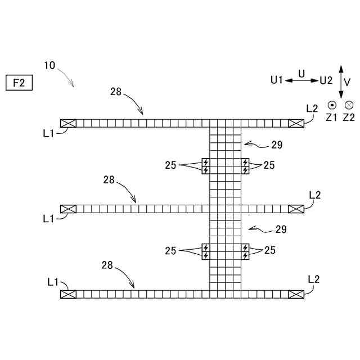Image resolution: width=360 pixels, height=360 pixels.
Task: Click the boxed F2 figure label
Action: pyautogui.click(x=20, y=83)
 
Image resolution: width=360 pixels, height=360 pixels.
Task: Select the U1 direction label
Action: pyautogui.click(x=276, y=80)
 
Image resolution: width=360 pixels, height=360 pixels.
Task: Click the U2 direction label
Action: pyautogui.click(x=326, y=80)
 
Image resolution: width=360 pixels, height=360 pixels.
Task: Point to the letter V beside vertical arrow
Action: pyautogui.click(x=347, y=82)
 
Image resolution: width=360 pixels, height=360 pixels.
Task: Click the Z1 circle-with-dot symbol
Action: pyautogui.click(x=332, y=105)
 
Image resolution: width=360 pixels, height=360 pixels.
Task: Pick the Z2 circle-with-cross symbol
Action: pyautogui.click(x=349, y=105)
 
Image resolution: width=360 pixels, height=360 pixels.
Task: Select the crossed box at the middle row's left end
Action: pyautogui.click(x=67, y=209)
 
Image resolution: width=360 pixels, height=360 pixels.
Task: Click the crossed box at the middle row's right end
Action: pyautogui.click(x=296, y=209)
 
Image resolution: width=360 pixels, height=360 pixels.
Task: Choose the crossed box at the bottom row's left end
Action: pyautogui.click(x=67, y=294)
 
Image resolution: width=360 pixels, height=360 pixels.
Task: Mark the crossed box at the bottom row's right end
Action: pyautogui.click(x=296, y=294)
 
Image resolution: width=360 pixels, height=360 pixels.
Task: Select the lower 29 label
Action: pyautogui.click(x=280, y=229)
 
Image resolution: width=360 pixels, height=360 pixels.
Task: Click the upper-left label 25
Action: pyautogui.click(x=170, y=165)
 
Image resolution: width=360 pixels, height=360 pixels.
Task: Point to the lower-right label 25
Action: pyautogui.click(x=269, y=250)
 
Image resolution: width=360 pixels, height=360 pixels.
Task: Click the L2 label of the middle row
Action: pyautogui.click(x=315, y=195)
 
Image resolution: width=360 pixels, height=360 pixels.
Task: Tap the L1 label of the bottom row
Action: pyautogui.click(x=53, y=281)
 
